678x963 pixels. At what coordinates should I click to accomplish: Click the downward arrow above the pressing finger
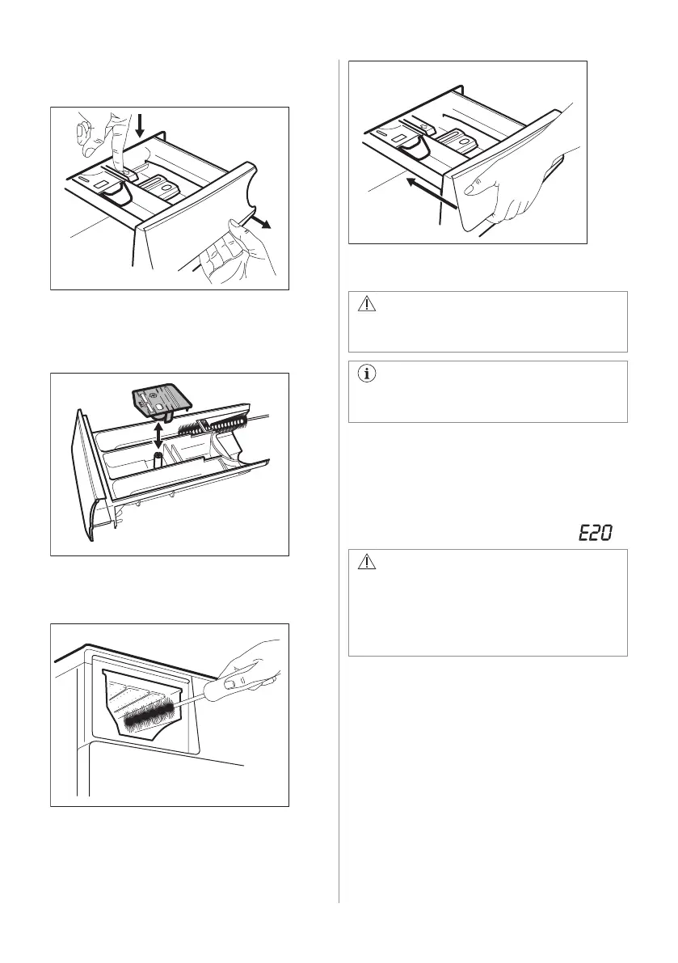(140, 125)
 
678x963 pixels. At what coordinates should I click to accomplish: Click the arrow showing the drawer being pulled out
(261, 222)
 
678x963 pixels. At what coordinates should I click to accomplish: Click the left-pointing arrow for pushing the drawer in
(426, 193)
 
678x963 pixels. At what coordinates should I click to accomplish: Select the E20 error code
(593, 534)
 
